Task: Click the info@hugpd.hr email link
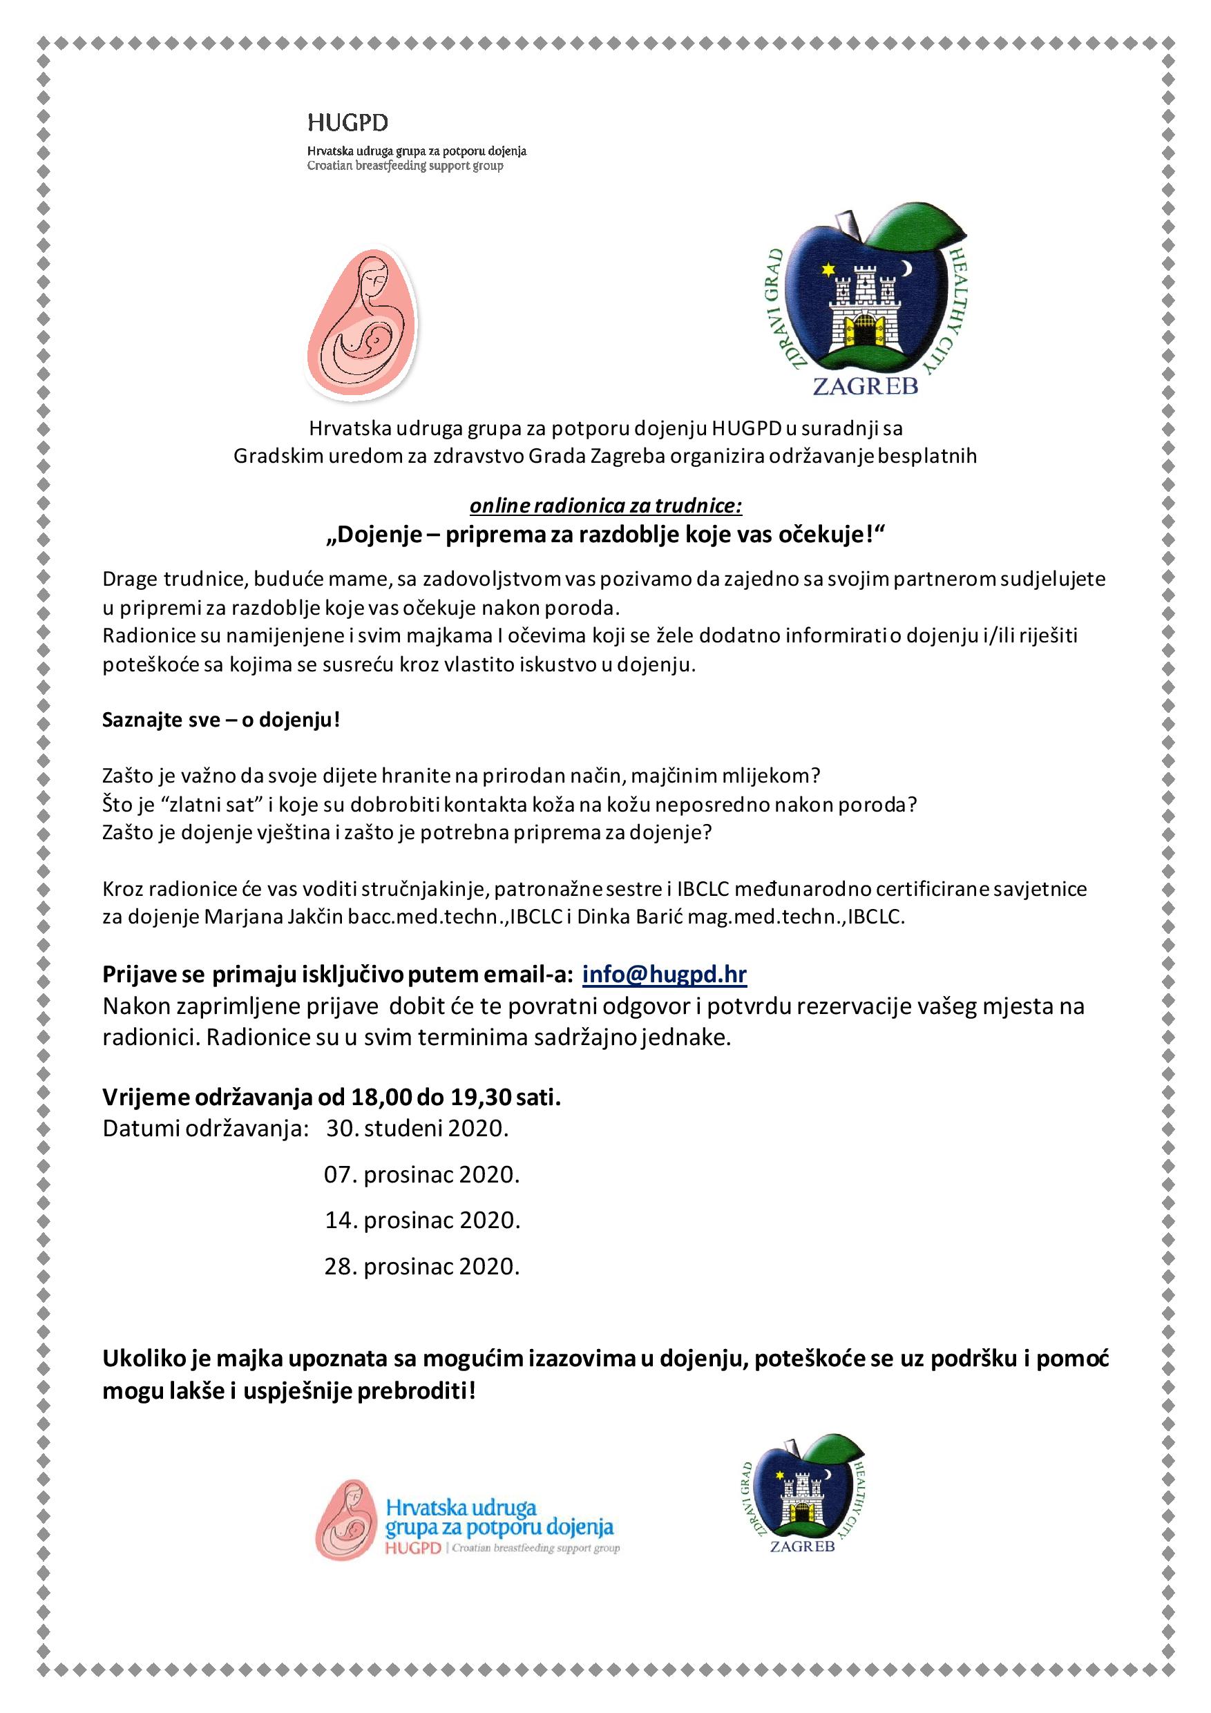pyautogui.click(x=664, y=975)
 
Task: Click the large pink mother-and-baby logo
pyautogui.click(x=363, y=325)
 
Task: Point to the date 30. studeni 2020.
pyautogui.click(x=417, y=1128)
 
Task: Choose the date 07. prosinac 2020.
pyautogui.click(x=421, y=1174)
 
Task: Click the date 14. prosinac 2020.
pyautogui.click(x=422, y=1220)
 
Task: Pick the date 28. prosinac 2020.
pyautogui.click(x=421, y=1266)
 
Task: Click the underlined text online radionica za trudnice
pyautogui.click(x=605, y=506)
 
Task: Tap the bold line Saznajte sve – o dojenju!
pyautogui.click(x=222, y=720)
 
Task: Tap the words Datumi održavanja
pyautogui.click(x=205, y=1128)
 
